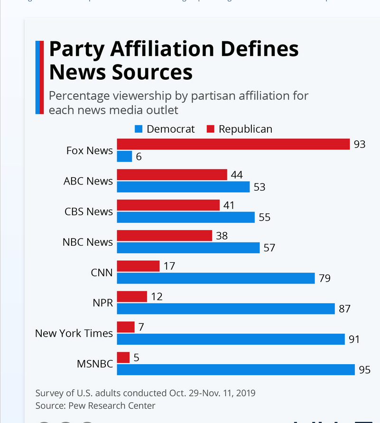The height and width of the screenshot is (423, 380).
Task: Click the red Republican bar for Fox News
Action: coord(233,144)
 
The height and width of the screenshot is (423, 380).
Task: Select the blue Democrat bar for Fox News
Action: coord(124,156)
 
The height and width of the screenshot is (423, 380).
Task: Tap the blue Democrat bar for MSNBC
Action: coord(236,369)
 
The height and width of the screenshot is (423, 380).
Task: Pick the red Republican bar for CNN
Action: coord(138,266)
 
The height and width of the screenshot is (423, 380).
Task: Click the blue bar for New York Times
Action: coord(231,339)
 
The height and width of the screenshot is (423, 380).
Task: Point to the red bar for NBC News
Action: coord(164,236)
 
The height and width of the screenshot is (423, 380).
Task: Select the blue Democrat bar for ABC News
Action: coord(183,187)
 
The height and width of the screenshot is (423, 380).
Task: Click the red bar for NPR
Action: coord(132,296)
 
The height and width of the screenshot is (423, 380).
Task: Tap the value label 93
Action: coord(360,144)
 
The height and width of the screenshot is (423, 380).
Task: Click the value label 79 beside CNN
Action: coord(324,278)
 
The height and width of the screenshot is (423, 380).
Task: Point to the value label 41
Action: coord(230,205)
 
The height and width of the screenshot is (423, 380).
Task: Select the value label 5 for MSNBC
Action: coord(136,358)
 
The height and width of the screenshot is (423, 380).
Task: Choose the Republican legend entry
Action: coord(240,129)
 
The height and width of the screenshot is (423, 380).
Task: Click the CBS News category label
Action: coord(89,211)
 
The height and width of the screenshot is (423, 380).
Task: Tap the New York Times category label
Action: coord(74,333)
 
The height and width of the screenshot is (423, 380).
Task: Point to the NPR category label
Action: coord(102,303)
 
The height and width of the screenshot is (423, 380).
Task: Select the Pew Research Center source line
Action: coord(95,405)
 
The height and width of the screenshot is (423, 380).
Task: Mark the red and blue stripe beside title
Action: coord(39,77)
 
